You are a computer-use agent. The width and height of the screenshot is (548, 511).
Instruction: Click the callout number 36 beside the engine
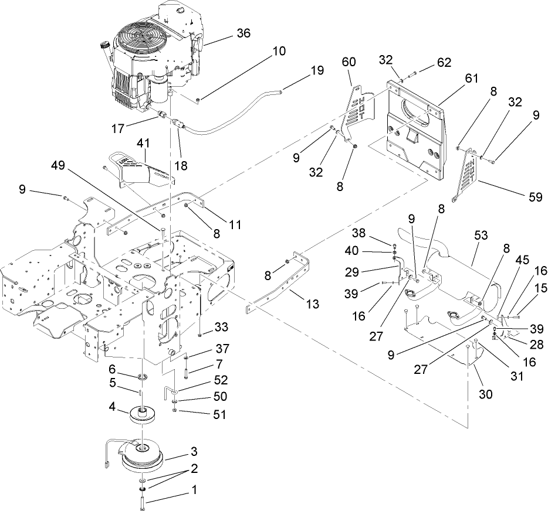coord(243,33)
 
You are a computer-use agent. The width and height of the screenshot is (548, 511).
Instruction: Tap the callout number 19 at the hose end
coord(317,71)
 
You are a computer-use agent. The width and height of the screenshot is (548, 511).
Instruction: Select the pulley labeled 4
coord(143,415)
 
